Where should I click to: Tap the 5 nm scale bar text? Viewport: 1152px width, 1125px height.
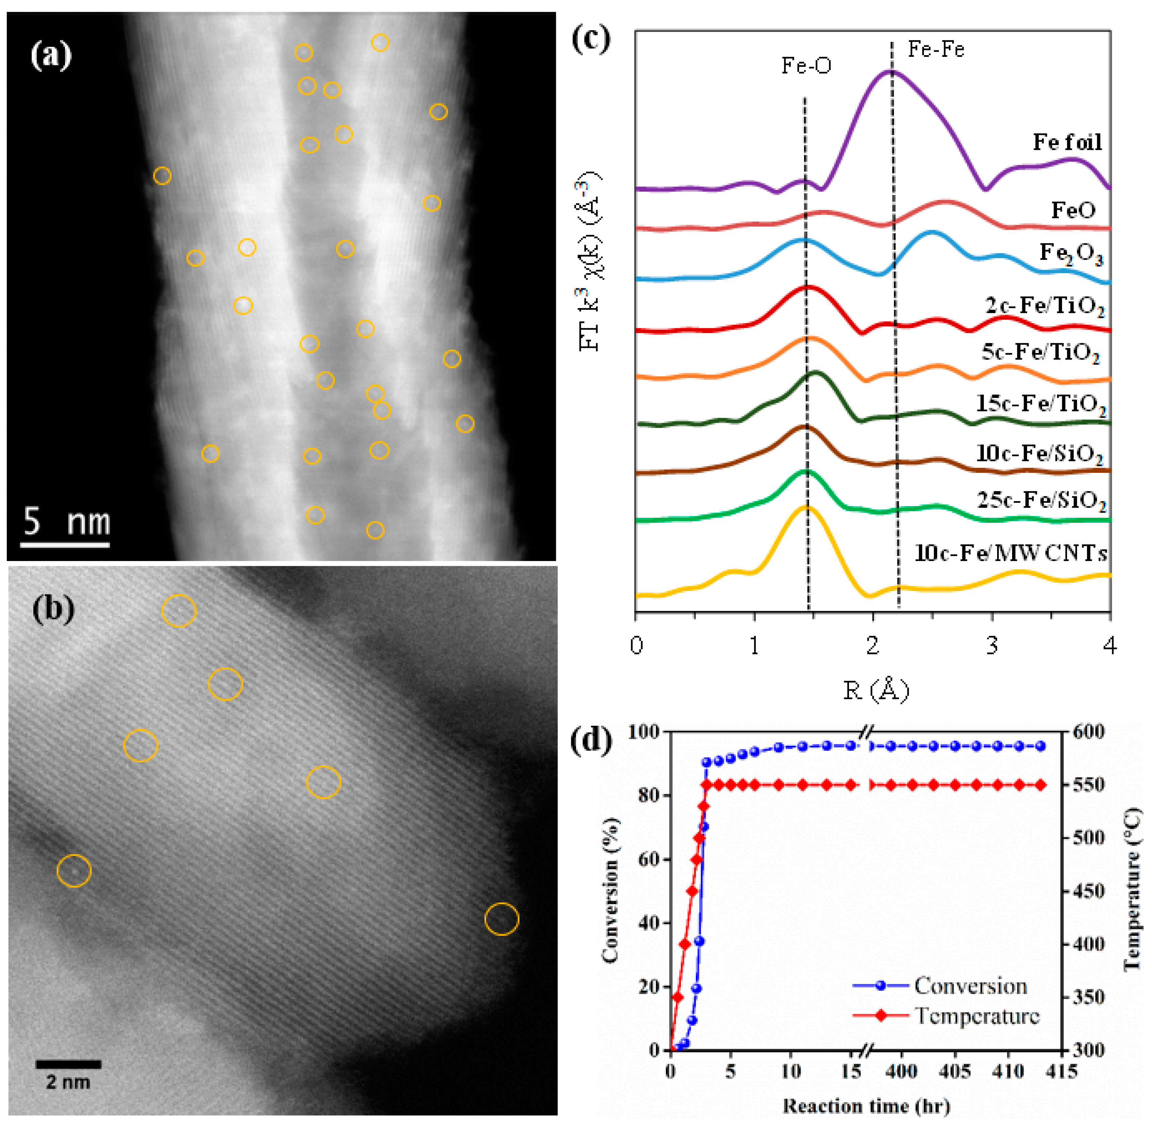[67, 522]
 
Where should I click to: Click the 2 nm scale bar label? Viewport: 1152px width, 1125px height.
[68, 1082]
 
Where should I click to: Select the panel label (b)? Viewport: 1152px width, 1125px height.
[53, 609]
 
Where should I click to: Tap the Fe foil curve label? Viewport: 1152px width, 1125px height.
[1067, 142]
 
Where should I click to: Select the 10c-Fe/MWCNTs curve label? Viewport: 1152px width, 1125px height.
[1011, 553]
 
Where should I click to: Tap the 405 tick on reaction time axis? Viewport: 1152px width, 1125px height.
[955, 1071]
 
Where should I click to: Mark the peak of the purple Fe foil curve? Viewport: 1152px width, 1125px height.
[889, 71]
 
